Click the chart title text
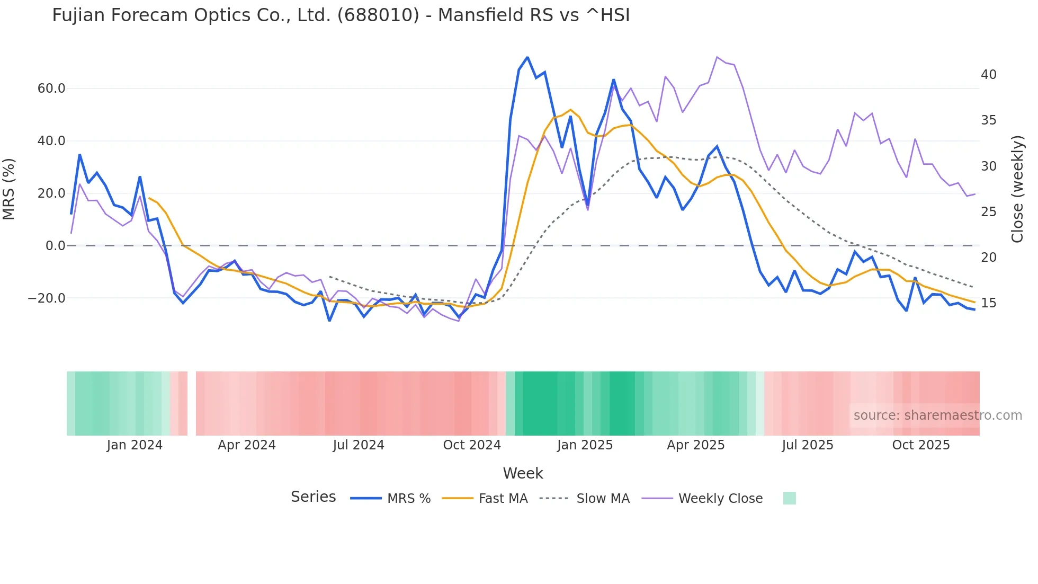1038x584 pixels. pos(341,15)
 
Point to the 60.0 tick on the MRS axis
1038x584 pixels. pos(51,89)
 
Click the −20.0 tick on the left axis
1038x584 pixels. pos(47,298)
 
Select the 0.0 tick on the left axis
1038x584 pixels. pos(56,246)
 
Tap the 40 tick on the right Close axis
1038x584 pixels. pos(988,75)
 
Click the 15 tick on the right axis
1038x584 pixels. pos(988,303)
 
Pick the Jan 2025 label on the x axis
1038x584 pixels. pos(585,445)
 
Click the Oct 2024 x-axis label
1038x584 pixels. pos(472,445)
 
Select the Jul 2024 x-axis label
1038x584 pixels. pos(359,445)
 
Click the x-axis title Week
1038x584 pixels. pos(523,473)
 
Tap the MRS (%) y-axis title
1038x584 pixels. pos(9,189)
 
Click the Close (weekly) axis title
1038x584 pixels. pos(1017,189)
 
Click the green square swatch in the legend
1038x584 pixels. pos(789,499)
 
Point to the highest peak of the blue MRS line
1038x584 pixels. pos(527,57)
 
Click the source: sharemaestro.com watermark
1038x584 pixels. pos(937,415)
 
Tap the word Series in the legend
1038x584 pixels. pos(313,497)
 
